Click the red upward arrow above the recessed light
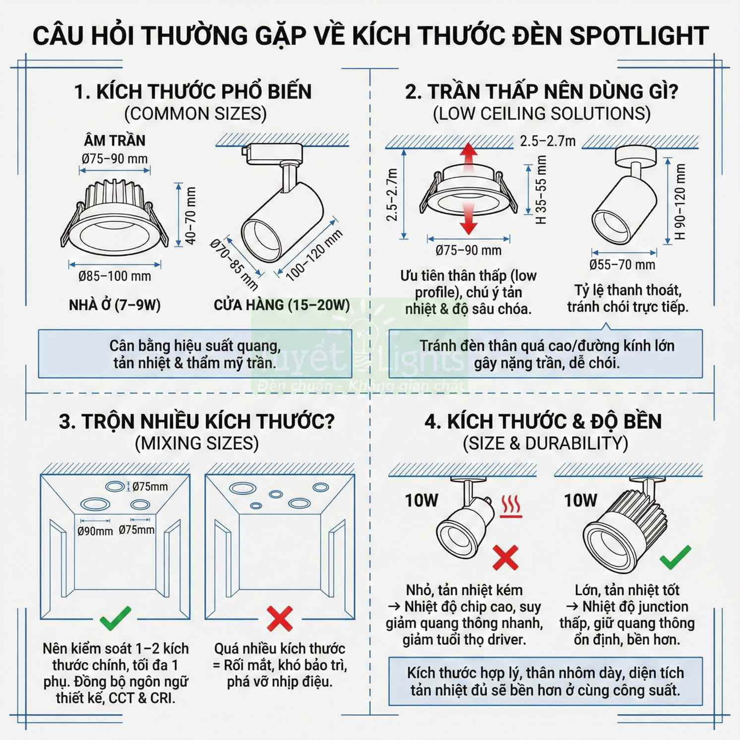coord(468,155)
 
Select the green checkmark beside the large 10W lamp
coord(675,556)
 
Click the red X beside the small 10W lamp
coord(505,557)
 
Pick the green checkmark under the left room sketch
coord(116,618)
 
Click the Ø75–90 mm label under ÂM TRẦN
coord(115,159)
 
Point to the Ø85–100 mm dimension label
coord(115,276)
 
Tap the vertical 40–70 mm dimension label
coord(191,216)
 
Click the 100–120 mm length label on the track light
coord(314,255)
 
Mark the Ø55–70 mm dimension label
coord(622,265)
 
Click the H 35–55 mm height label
coord(541,189)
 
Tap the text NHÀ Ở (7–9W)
coord(115,305)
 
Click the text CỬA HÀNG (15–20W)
coord(282,305)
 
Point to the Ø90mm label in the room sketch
coord(95,531)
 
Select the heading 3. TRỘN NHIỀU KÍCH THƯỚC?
coord(197,422)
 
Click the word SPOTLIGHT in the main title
coord(639,36)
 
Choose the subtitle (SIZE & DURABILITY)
coord(545,443)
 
